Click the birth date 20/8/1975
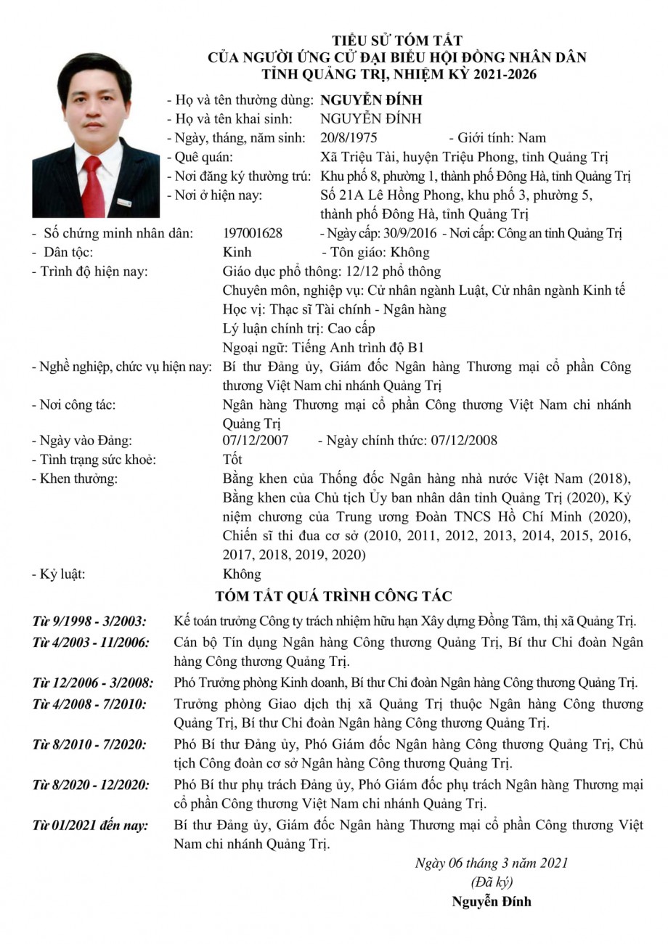(349, 137)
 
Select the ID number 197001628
(253, 233)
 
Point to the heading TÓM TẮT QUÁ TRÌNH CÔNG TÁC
(334, 596)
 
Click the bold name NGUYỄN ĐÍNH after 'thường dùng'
(371, 99)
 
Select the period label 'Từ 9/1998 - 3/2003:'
(89, 622)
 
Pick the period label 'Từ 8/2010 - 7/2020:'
(89, 744)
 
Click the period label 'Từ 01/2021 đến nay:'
(90, 826)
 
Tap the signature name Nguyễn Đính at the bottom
(492, 902)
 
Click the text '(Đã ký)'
(492, 882)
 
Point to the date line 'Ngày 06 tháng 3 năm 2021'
(492, 863)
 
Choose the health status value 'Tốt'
(233, 459)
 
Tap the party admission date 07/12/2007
(256, 440)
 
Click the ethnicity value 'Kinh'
(237, 252)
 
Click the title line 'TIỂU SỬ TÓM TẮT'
(397, 41)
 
